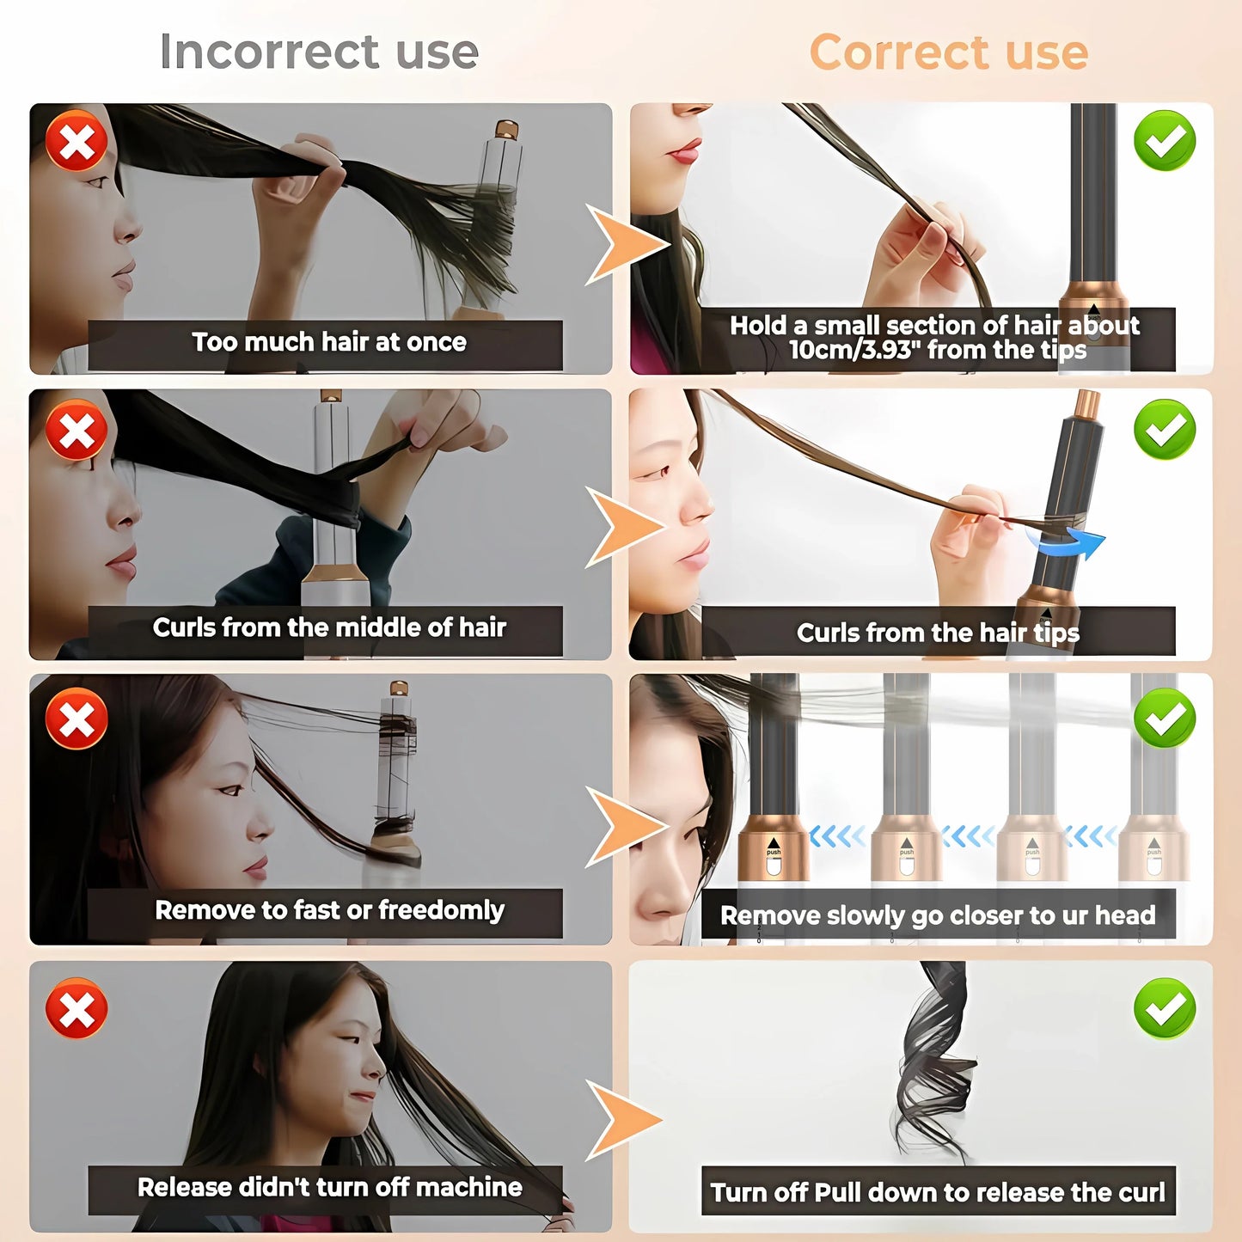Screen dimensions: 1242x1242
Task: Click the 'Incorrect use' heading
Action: coord(319,52)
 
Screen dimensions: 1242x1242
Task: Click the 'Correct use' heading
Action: coord(948,52)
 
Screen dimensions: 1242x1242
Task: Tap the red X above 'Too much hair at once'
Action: coord(76,141)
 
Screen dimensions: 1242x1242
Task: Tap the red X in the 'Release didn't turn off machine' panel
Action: coord(76,1007)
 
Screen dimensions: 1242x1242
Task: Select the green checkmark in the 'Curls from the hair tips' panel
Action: coord(1165,428)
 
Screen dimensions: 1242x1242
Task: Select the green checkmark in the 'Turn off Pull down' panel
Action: coord(1165,1007)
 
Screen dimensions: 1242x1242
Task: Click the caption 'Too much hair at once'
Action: coord(328,342)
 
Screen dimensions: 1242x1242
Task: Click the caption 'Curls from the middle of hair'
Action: coord(328,627)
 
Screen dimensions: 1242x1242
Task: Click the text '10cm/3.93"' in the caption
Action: coord(848,351)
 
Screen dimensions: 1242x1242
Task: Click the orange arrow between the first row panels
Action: coord(624,244)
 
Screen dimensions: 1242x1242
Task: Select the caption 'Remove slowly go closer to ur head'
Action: coord(937,915)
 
